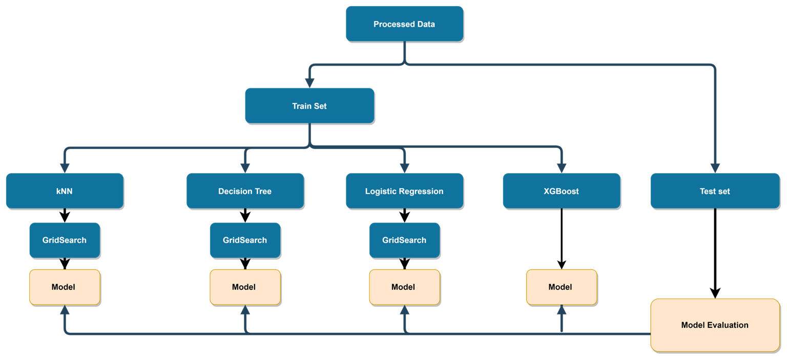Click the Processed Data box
[x=404, y=24]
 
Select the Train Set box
[x=309, y=106]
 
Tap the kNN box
[x=64, y=191]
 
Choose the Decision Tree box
[x=245, y=191]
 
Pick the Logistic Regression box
[x=404, y=191]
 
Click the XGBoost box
[x=561, y=191]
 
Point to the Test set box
[x=715, y=191]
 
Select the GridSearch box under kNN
[x=64, y=240]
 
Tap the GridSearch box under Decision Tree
[x=245, y=240]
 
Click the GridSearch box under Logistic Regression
[x=404, y=240]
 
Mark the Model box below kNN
[x=64, y=287]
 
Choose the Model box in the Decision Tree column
[x=245, y=287]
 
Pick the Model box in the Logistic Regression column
[x=404, y=287]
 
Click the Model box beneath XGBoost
[x=561, y=287]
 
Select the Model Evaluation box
[x=715, y=325]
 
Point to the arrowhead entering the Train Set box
[x=309, y=82]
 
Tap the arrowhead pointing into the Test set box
[x=715, y=168]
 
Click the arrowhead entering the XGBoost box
[x=562, y=168]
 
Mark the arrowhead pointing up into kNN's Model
[x=64, y=310]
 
